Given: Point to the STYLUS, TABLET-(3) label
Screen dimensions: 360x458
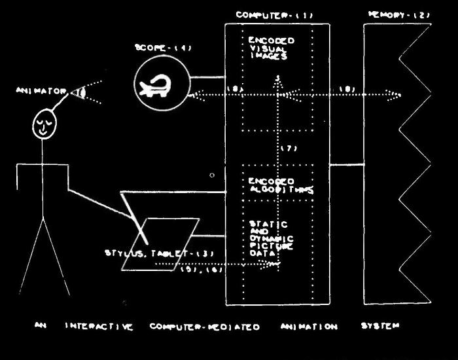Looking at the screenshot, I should click(x=160, y=253).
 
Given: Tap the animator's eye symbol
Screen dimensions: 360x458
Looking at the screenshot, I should click(x=81, y=92).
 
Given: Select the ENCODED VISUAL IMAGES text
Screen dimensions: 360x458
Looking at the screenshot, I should click(x=271, y=48).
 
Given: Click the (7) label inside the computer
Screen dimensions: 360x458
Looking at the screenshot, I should click(x=289, y=149).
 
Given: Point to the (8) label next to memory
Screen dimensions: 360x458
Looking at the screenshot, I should click(x=348, y=89).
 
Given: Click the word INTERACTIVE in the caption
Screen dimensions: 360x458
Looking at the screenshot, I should click(x=99, y=326).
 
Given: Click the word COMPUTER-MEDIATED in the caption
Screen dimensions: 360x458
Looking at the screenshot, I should click(x=205, y=326).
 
